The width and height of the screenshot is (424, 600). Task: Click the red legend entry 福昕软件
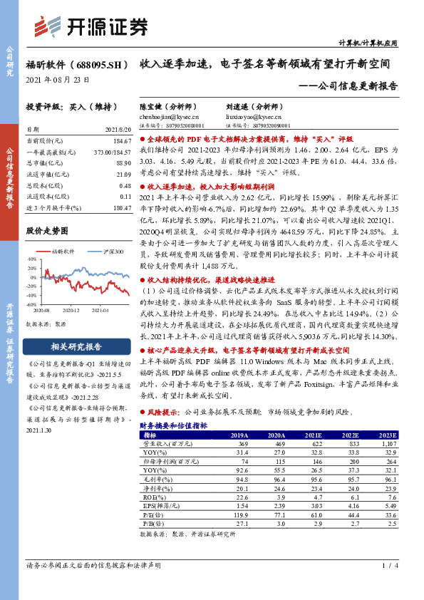click(x=63, y=252)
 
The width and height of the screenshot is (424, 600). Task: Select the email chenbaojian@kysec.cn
click(x=170, y=115)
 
